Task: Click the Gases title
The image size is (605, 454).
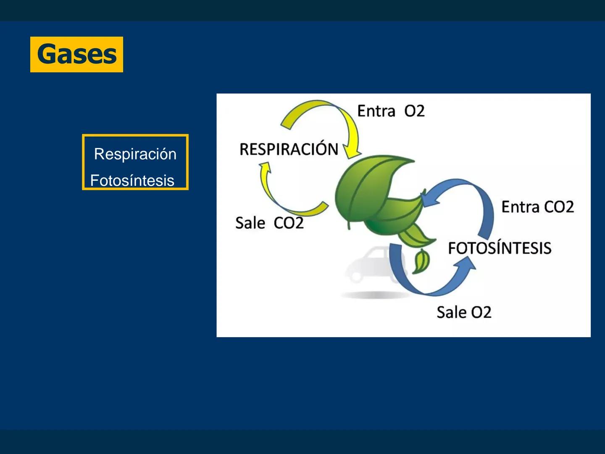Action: [x=76, y=54]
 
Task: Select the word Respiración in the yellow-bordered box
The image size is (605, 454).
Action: [x=135, y=154]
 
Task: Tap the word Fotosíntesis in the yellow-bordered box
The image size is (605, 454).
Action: [x=132, y=180]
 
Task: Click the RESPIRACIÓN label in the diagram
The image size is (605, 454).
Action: [x=289, y=149]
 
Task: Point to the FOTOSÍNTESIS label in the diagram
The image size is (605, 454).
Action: [x=499, y=248]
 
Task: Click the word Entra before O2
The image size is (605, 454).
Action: [x=376, y=111]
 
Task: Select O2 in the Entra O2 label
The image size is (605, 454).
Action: [x=414, y=111]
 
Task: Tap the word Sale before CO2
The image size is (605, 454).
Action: [x=250, y=223]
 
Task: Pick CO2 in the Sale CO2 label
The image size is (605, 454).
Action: [x=289, y=223]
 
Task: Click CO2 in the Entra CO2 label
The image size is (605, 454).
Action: [x=558, y=207]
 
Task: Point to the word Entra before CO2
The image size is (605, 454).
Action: [x=520, y=207]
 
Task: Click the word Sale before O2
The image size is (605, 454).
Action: [x=451, y=312]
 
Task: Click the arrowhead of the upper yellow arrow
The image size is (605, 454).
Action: [x=352, y=150]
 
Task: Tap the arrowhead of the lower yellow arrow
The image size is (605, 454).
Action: [x=265, y=168]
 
